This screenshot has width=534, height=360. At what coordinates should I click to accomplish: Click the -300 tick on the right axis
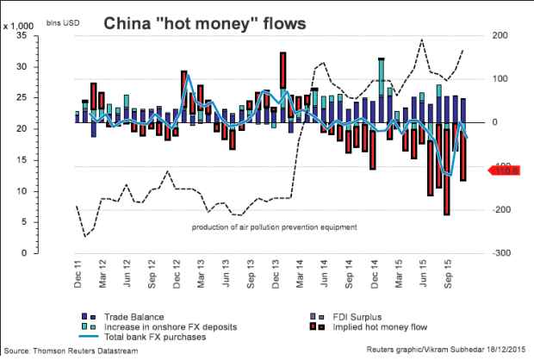click(x=502, y=254)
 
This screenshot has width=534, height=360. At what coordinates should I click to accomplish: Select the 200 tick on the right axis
click(x=501, y=36)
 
